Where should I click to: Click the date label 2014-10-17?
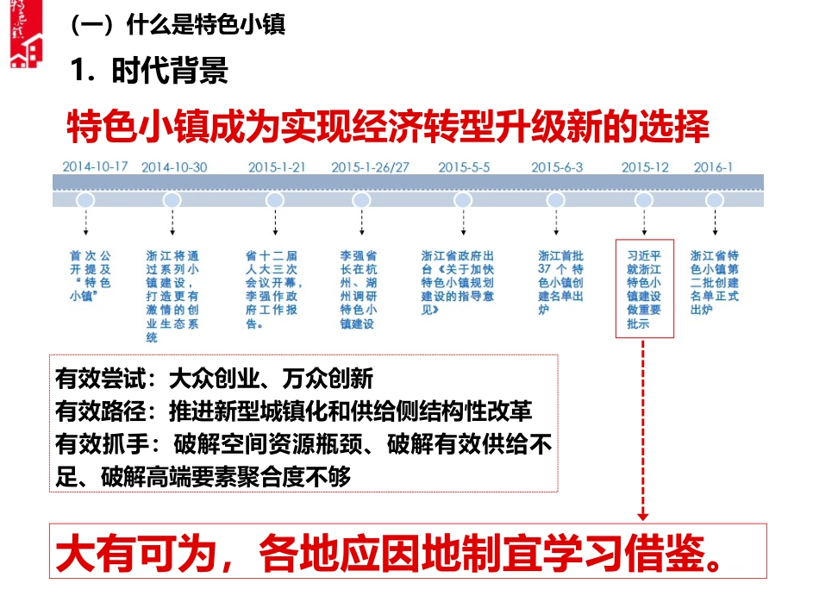tap(95, 166)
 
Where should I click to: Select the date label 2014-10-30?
tap(174, 166)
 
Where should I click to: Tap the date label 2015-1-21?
tap(276, 166)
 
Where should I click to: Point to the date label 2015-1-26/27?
tap(370, 166)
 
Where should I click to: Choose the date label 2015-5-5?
tap(464, 166)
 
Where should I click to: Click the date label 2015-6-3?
tap(557, 166)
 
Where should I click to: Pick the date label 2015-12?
tap(645, 166)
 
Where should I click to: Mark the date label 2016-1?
tap(714, 166)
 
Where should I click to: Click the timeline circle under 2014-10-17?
tap(84, 200)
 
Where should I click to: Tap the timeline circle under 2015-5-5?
tap(463, 200)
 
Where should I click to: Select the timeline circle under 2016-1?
tap(714, 200)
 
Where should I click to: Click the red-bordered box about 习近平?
tap(644, 290)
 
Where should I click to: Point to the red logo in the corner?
tap(27, 35)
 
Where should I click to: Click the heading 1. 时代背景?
tap(150, 71)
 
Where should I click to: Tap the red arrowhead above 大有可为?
tap(643, 515)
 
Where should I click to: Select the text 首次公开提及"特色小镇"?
tap(91, 276)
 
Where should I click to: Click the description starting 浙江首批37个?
tap(561, 283)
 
